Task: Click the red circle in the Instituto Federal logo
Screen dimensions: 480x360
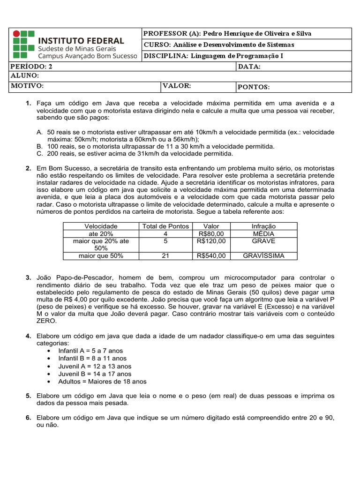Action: pyautogui.click(x=16, y=34)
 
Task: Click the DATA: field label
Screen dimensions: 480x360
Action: pyautogui.click(x=249, y=67)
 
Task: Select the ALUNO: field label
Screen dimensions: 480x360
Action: pyautogui.click(x=25, y=76)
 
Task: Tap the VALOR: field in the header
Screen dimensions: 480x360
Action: pyautogui.click(x=177, y=86)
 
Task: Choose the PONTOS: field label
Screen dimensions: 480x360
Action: pyautogui.click(x=254, y=87)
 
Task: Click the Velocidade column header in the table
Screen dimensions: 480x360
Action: pyautogui.click(x=101, y=226)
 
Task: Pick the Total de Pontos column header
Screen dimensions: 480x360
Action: pyautogui.click(x=165, y=226)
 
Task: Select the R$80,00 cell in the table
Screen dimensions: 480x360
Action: pyautogui.click(x=211, y=233)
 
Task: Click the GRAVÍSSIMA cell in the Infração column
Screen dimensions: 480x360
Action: pyautogui.click(x=263, y=256)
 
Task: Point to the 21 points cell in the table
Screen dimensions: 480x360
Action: pyautogui.click(x=165, y=256)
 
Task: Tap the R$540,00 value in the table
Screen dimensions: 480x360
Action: pyautogui.click(x=211, y=256)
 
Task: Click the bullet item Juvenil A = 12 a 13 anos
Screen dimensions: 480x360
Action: pyautogui.click(x=95, y=366)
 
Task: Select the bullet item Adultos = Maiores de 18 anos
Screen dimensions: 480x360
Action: pyautogui.click(x=102, y=382)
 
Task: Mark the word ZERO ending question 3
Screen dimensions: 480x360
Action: pyautogui.click(x=46, y=321)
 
